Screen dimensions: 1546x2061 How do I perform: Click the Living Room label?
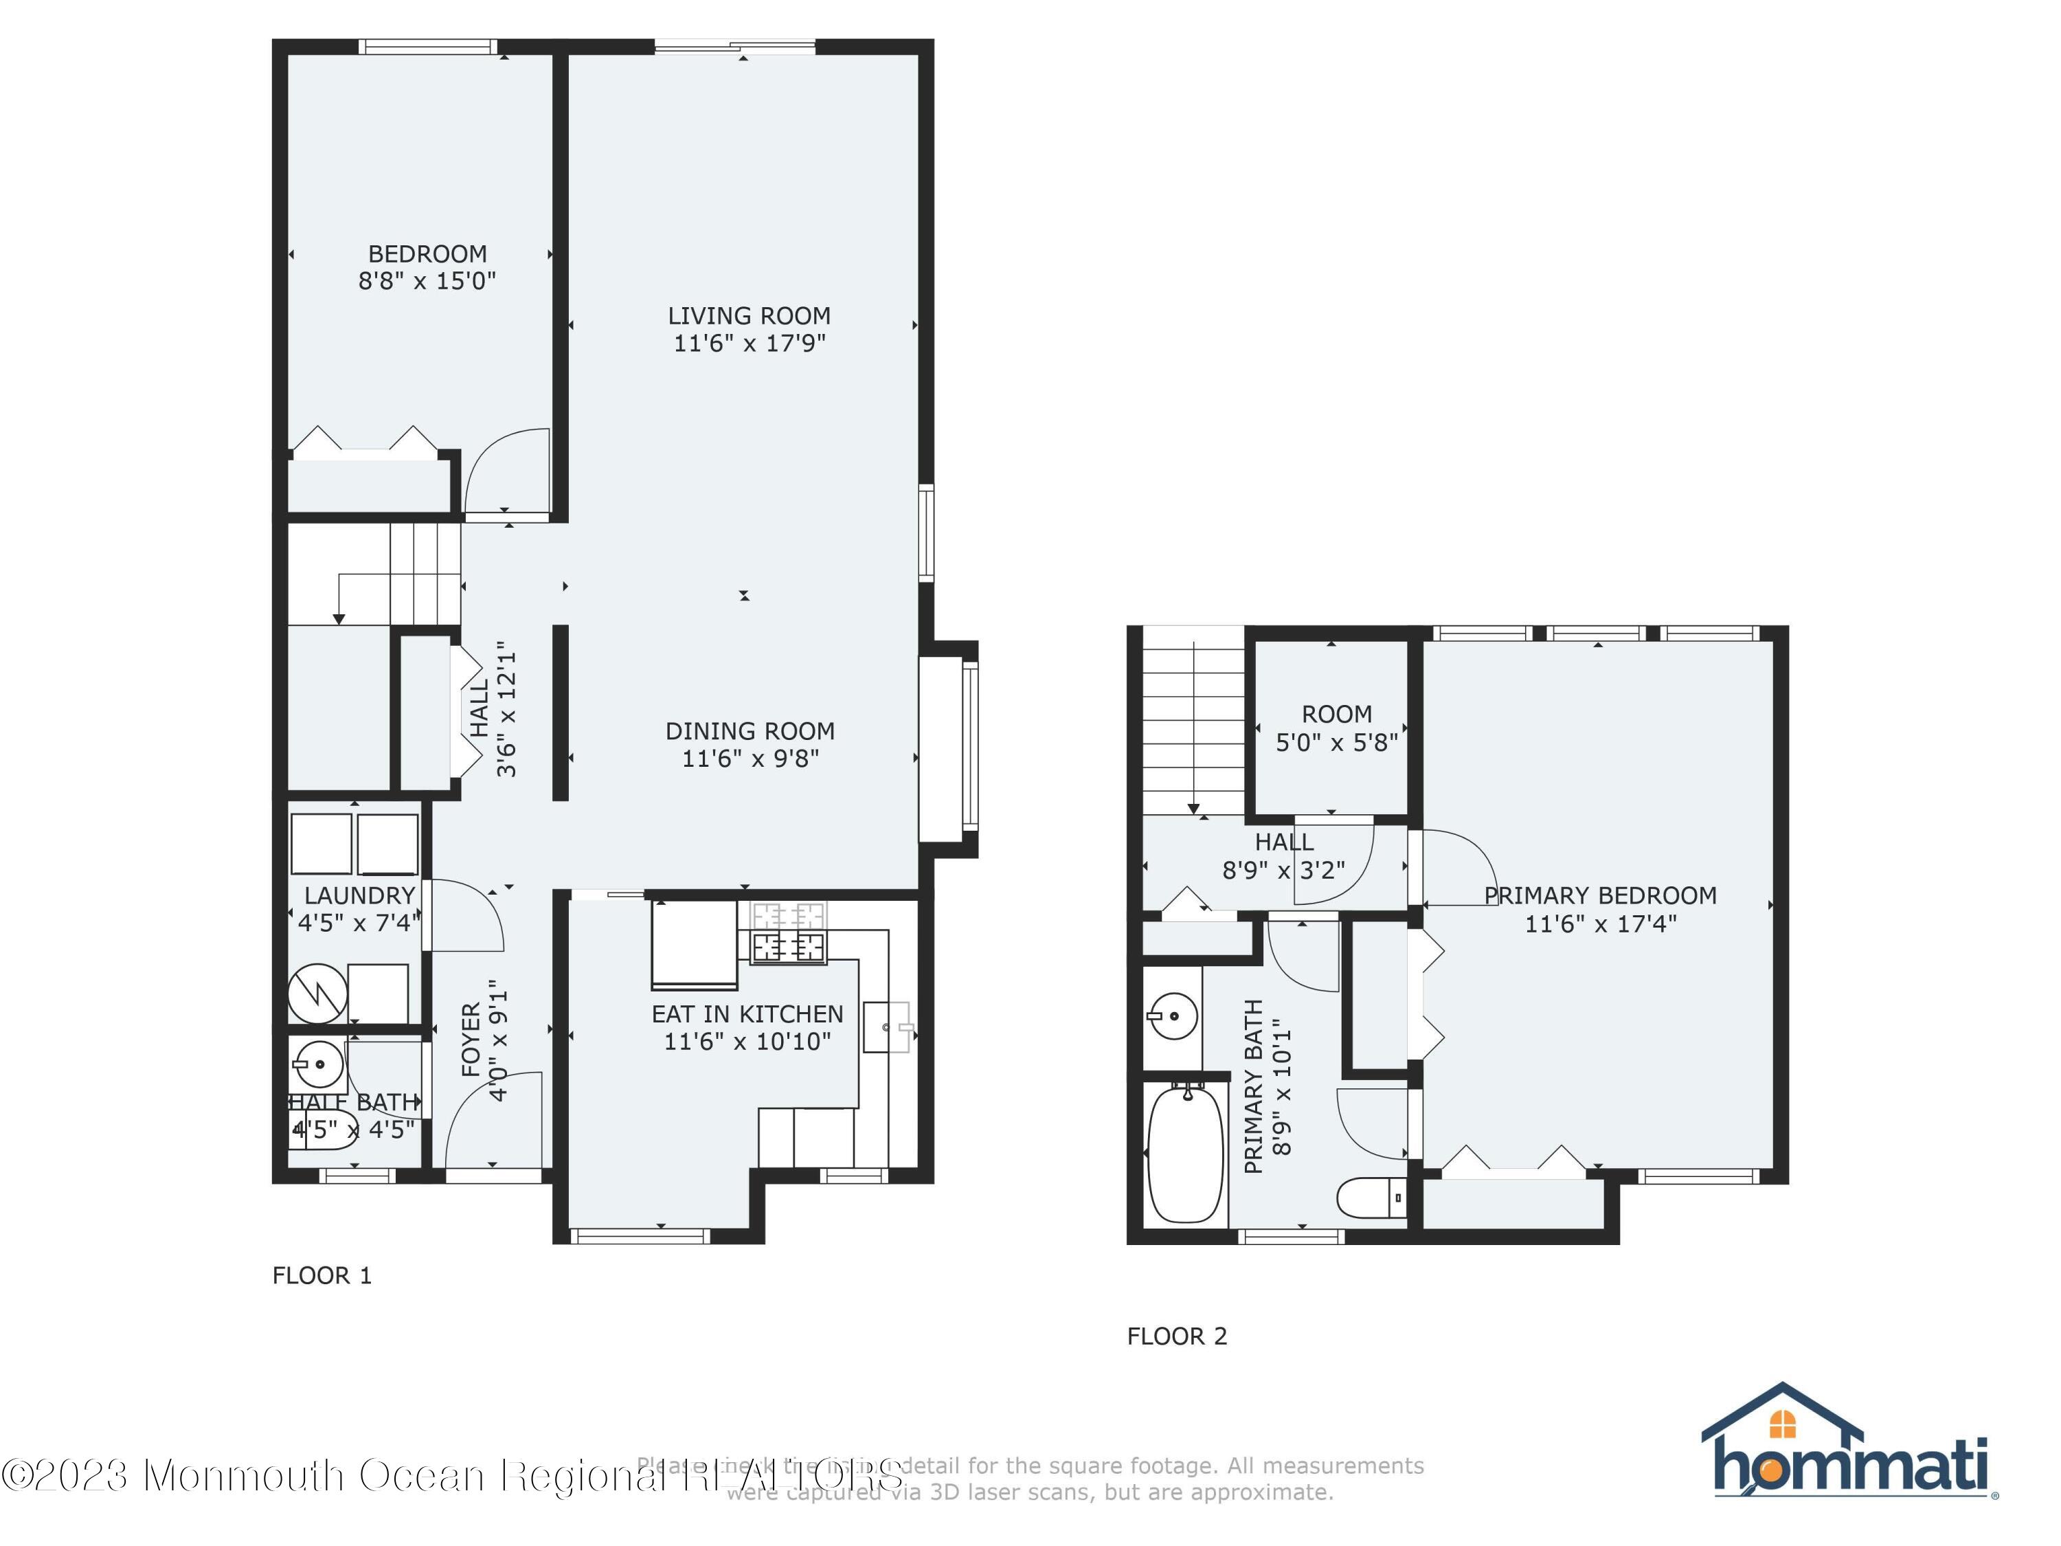tap(749, 317)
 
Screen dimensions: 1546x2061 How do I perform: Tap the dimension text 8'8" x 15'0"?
tap(427, 280)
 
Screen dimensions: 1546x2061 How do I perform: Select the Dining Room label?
tap(749, 732)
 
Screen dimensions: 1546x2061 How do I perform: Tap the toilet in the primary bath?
tap(1371, 1198)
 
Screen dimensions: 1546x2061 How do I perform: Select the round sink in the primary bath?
tap(1172, 1016)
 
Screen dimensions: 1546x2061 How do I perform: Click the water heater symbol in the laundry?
tap(317, 994)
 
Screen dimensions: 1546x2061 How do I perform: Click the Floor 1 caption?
tap(322, 1276)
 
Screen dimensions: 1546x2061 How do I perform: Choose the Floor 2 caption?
tap(1177, 1336)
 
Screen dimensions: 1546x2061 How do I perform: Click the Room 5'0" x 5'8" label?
tap(1336, 728)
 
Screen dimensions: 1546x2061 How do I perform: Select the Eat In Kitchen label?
tap(747, 1014)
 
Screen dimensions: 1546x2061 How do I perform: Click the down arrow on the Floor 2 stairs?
tap(1193, 808)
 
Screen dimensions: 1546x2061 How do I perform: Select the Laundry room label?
tap(360, 895)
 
